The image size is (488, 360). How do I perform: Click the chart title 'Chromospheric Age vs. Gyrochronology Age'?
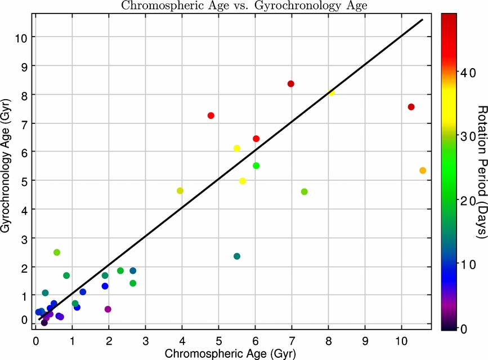pos(244,5)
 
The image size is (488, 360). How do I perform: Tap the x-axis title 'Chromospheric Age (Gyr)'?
pos(230,353)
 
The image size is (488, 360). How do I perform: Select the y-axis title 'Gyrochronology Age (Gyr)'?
pos(6,166)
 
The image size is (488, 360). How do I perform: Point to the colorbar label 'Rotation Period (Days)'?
pos(482,172)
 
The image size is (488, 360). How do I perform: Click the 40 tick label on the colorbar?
pos(468,73)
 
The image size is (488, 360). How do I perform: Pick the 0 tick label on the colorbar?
pos(464,329)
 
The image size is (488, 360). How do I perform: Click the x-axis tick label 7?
pos(292,341)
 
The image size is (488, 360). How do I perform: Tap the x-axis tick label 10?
pos(401,341)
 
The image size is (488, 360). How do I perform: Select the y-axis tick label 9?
pos(24,66)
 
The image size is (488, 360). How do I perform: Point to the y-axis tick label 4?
pos(24,210)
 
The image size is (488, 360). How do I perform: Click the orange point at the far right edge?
pos(422,170)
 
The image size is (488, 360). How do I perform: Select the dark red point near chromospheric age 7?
pos(290,84)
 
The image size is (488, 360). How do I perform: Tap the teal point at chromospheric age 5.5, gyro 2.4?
pos(237,256)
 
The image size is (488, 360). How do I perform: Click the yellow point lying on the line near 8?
pos(331,92)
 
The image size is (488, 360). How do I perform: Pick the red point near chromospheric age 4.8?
pos(211,115)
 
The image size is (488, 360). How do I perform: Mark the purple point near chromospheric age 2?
pos(108,309)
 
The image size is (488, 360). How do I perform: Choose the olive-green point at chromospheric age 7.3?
pos(305,192)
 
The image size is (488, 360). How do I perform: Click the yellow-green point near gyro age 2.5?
pos(57,252)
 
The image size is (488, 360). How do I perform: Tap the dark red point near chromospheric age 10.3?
pos(411,107)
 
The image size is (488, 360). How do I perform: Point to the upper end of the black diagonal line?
pos(423,19)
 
